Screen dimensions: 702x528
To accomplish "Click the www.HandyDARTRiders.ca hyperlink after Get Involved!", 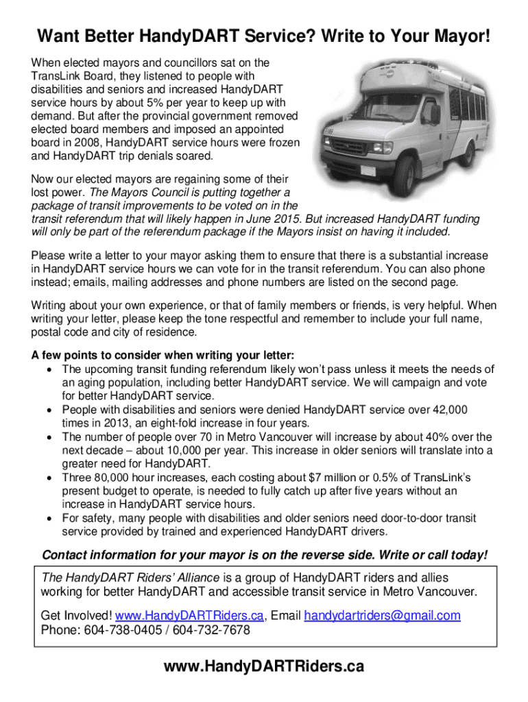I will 190,616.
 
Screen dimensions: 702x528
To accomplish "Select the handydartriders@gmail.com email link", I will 382,616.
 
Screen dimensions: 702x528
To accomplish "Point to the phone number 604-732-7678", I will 213,630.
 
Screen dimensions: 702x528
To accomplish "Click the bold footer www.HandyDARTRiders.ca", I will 264,666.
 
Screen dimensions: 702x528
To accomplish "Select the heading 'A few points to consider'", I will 163,356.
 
